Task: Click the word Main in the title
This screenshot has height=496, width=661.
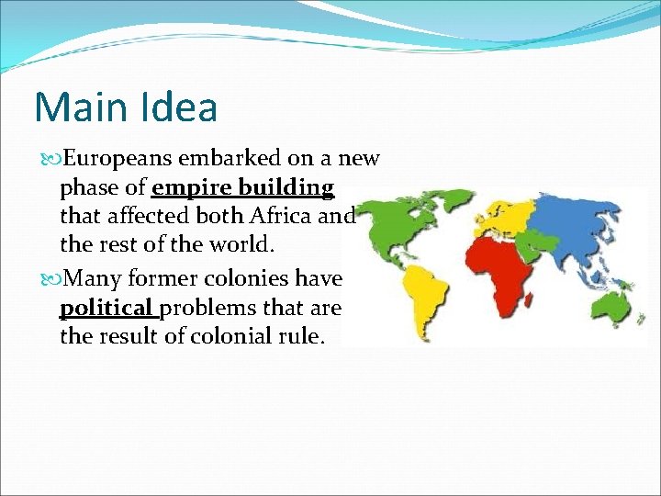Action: [x=75, y=107]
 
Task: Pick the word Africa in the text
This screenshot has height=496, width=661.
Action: [x=280, y=218]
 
